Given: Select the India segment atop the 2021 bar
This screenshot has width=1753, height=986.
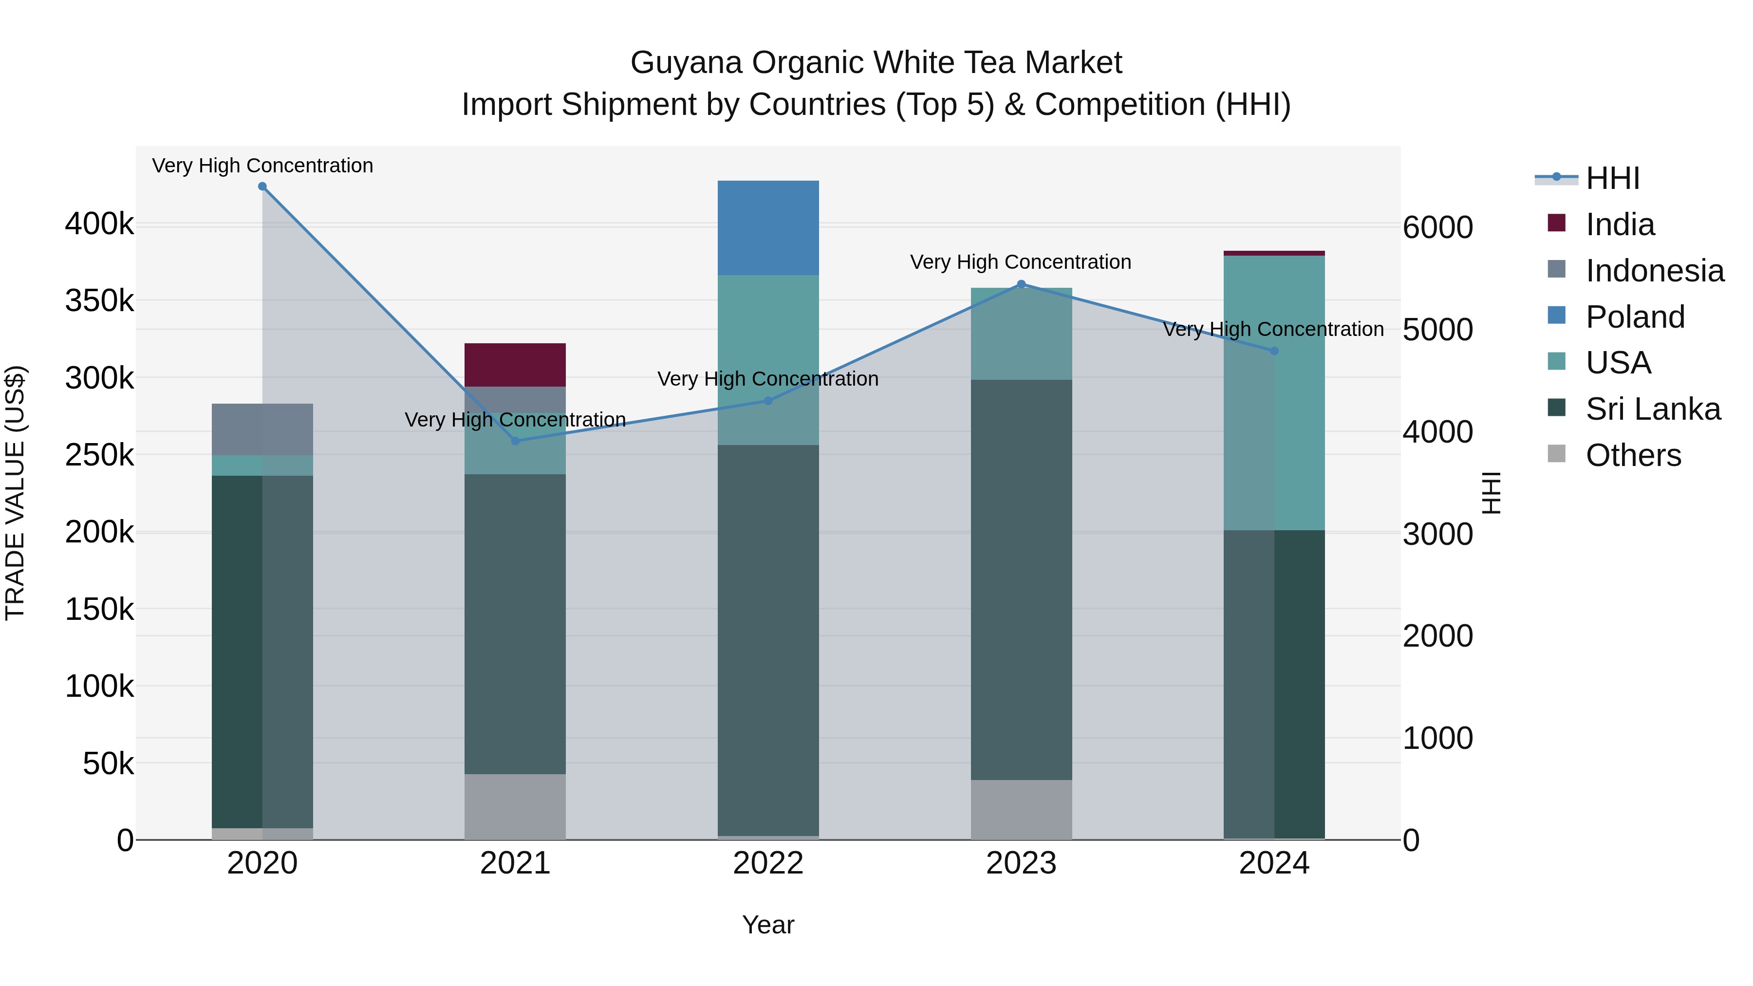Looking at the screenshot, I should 515,365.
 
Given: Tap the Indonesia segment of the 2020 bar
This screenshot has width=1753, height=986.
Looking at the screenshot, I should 262,429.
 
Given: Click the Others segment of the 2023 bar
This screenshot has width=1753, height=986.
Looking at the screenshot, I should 1021,809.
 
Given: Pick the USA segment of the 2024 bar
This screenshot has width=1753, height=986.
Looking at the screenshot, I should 1274,393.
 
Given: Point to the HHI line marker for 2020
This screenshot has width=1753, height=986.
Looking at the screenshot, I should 262,186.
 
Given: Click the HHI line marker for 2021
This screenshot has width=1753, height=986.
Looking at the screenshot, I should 515,441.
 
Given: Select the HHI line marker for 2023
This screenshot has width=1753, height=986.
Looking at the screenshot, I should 1021,284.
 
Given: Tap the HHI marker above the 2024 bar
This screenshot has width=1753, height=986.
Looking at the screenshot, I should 1274,351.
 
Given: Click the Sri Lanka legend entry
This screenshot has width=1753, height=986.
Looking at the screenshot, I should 1652,409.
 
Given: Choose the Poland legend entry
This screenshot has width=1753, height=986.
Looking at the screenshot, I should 1635,317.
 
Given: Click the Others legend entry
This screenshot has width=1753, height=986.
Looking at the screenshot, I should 1633,455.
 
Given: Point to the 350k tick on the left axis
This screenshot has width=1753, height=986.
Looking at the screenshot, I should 99,300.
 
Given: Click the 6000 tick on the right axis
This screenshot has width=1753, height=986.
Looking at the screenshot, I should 1437,227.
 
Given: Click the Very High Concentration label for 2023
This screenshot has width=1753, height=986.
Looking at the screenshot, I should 1020,262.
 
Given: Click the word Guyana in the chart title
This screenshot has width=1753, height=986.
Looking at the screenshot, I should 685,63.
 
